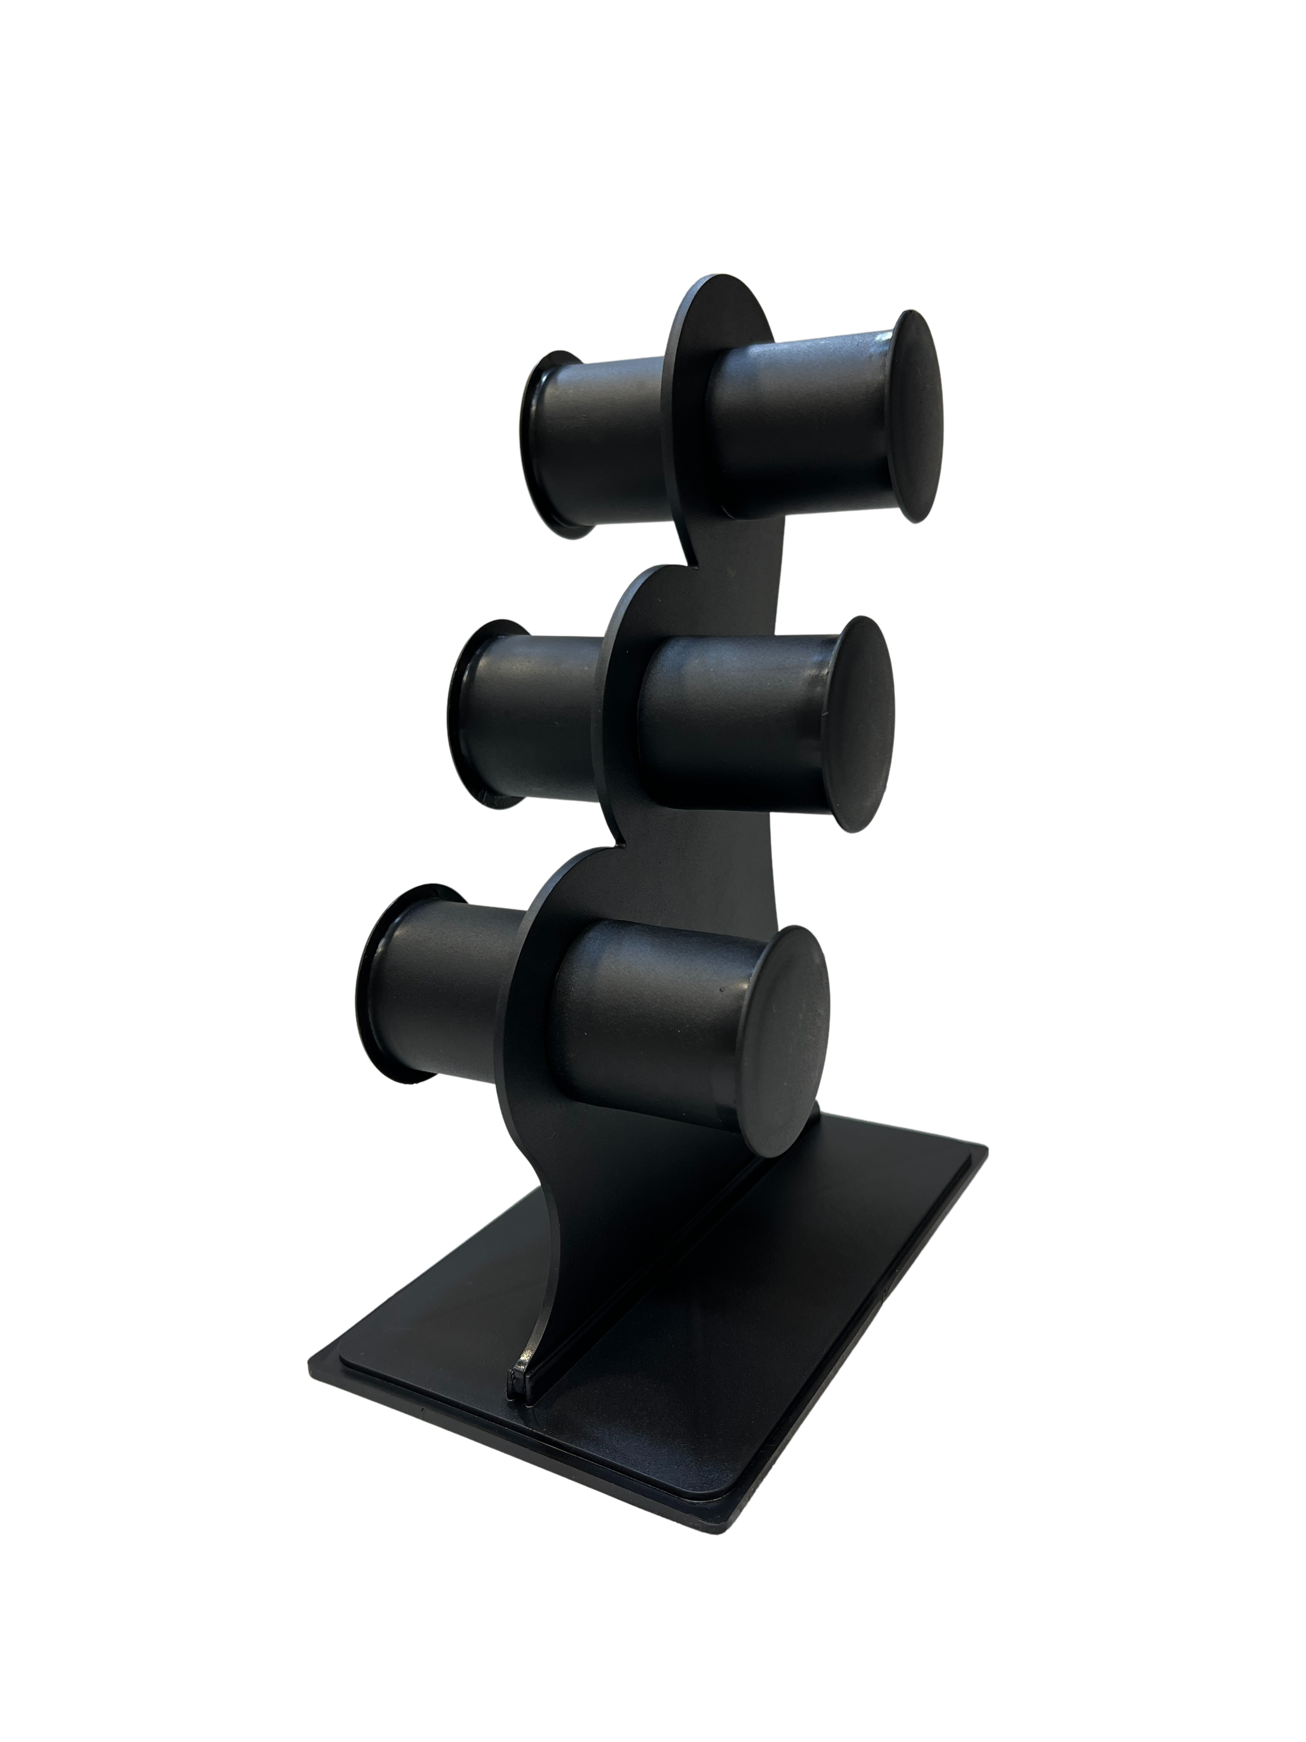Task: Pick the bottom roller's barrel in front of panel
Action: (646, 1032)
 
